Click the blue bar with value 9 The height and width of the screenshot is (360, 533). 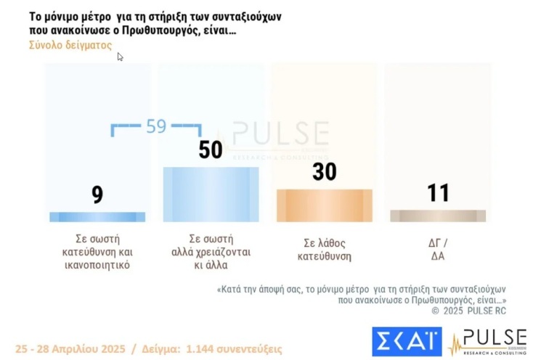[x=97, y=216]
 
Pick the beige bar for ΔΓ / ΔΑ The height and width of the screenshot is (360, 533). [x=438, y=216]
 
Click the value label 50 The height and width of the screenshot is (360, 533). [x=210, y=150]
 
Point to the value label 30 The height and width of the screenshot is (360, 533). [x=324, y=172]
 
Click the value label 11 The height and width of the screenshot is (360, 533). [x=438, y=193]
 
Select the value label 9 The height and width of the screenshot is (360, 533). [x=97, y=194]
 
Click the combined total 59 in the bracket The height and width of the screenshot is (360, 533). [x=156, y=126]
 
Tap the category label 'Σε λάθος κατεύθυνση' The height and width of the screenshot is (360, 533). [x=325, y=249]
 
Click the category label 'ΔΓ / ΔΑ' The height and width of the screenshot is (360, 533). [x=438, y=249]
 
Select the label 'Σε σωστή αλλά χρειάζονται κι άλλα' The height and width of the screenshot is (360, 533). [x=211, y=251]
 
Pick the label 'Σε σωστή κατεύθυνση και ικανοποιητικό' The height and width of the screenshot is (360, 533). [x=97, y=251]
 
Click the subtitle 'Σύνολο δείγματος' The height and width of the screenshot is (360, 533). [x=70, y=44]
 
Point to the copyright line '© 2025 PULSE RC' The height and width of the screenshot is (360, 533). [x=468, y=310]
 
